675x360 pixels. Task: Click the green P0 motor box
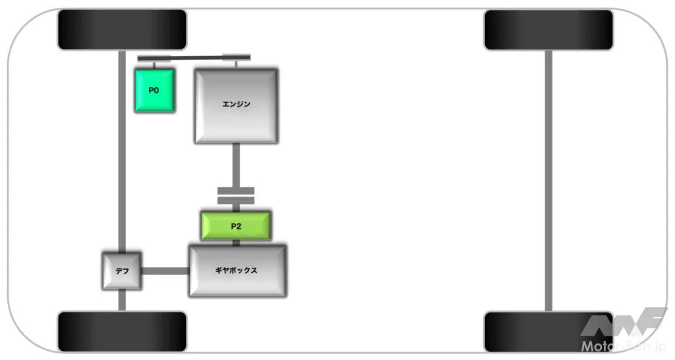coord(155,91)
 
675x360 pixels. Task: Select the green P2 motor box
coord(235,226)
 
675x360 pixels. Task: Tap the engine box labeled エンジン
coord(235,105)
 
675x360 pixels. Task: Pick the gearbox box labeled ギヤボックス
coord(237,271)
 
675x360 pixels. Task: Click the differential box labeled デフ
coord(121,271)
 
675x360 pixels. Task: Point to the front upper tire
coord(123,30)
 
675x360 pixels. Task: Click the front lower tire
coord(123,331)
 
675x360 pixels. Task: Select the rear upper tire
coord(548,30)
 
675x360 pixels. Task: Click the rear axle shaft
coord(548,178)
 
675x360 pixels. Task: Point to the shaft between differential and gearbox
coord(165,271)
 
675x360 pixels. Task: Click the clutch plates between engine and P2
coord(235,195)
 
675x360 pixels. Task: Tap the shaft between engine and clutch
coord(235,165)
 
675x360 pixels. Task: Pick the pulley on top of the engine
coord(236,57)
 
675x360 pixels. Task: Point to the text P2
coord(235,226)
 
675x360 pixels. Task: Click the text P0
coord(154,90)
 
